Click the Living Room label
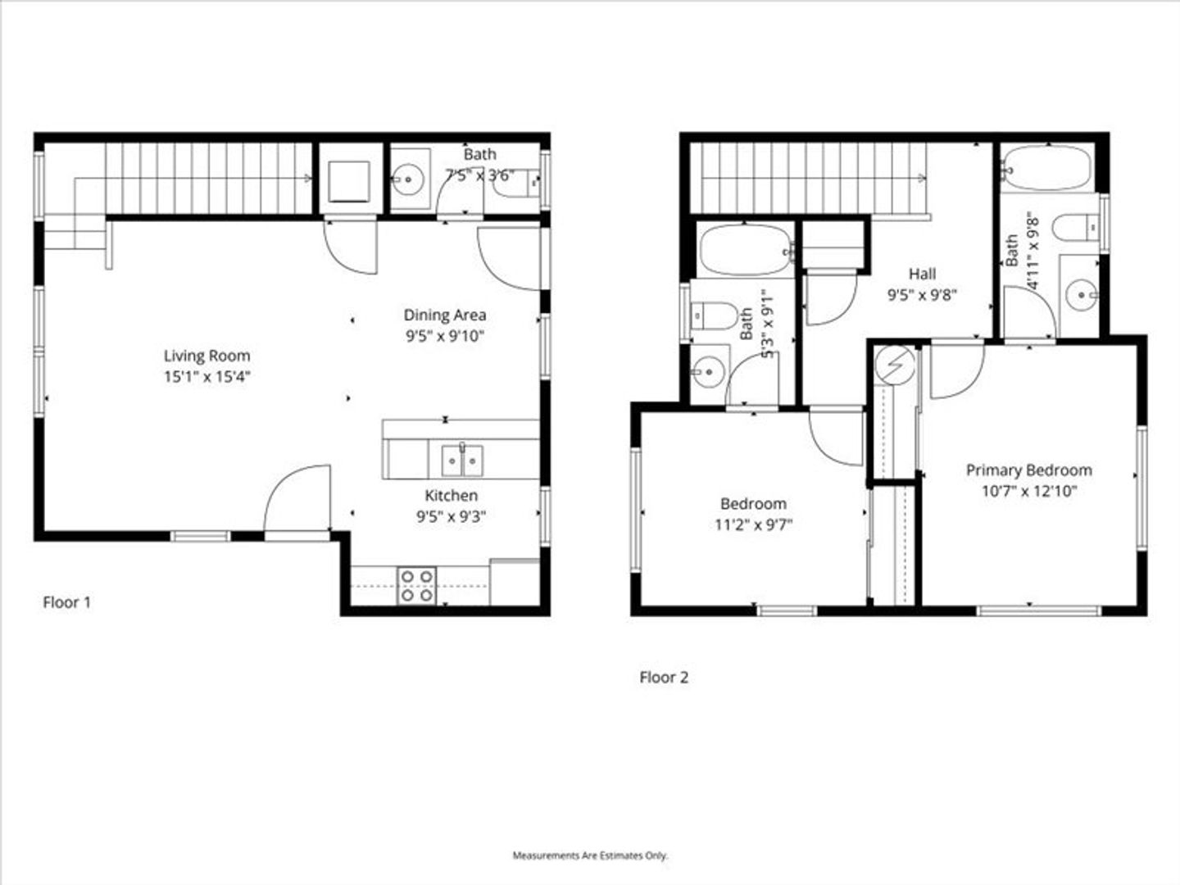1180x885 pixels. coord(207,356)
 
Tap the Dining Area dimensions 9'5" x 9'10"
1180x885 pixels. coord(445,336)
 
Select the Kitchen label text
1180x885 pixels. coord(451,496)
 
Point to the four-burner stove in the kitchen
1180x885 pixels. coord(416,586)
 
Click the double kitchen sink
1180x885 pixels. coord(462,460)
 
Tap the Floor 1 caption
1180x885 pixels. coord(67,602)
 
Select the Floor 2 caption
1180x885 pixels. coord(664,678)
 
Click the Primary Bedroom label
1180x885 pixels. coord(1029,470)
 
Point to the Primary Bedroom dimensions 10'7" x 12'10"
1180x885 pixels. coord(1029,492)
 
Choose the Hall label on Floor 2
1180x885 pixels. coord(922,274)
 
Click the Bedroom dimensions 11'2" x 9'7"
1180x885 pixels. coord(754,524)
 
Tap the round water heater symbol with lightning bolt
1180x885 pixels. coord(895,365)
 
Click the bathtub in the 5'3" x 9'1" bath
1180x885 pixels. coord(746,251)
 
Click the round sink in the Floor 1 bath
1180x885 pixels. coord(408,179)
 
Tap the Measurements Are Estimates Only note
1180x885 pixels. coord(590,855)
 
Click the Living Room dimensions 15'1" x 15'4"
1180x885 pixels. coord(207,377)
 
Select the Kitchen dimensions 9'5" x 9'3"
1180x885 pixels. coord(451,517)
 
